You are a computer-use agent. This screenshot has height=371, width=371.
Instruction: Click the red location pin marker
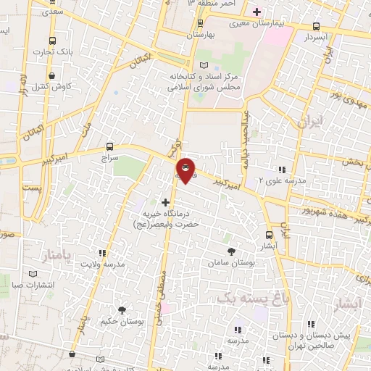[x=185, y=171]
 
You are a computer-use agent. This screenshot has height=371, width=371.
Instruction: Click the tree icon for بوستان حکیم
[x=122, y=310]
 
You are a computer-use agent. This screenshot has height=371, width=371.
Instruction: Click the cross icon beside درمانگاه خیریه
[x=166, y=202]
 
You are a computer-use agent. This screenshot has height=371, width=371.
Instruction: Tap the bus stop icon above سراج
[x=109, y=146]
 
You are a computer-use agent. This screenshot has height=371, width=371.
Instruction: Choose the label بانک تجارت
[x=54, y=51]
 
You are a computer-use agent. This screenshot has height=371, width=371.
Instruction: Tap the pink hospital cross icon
[x=257, y=12]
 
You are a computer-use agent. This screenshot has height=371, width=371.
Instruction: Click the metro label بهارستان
[x=202, y=35]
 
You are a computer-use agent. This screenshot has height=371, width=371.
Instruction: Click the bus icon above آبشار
[x=270, y=235]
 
